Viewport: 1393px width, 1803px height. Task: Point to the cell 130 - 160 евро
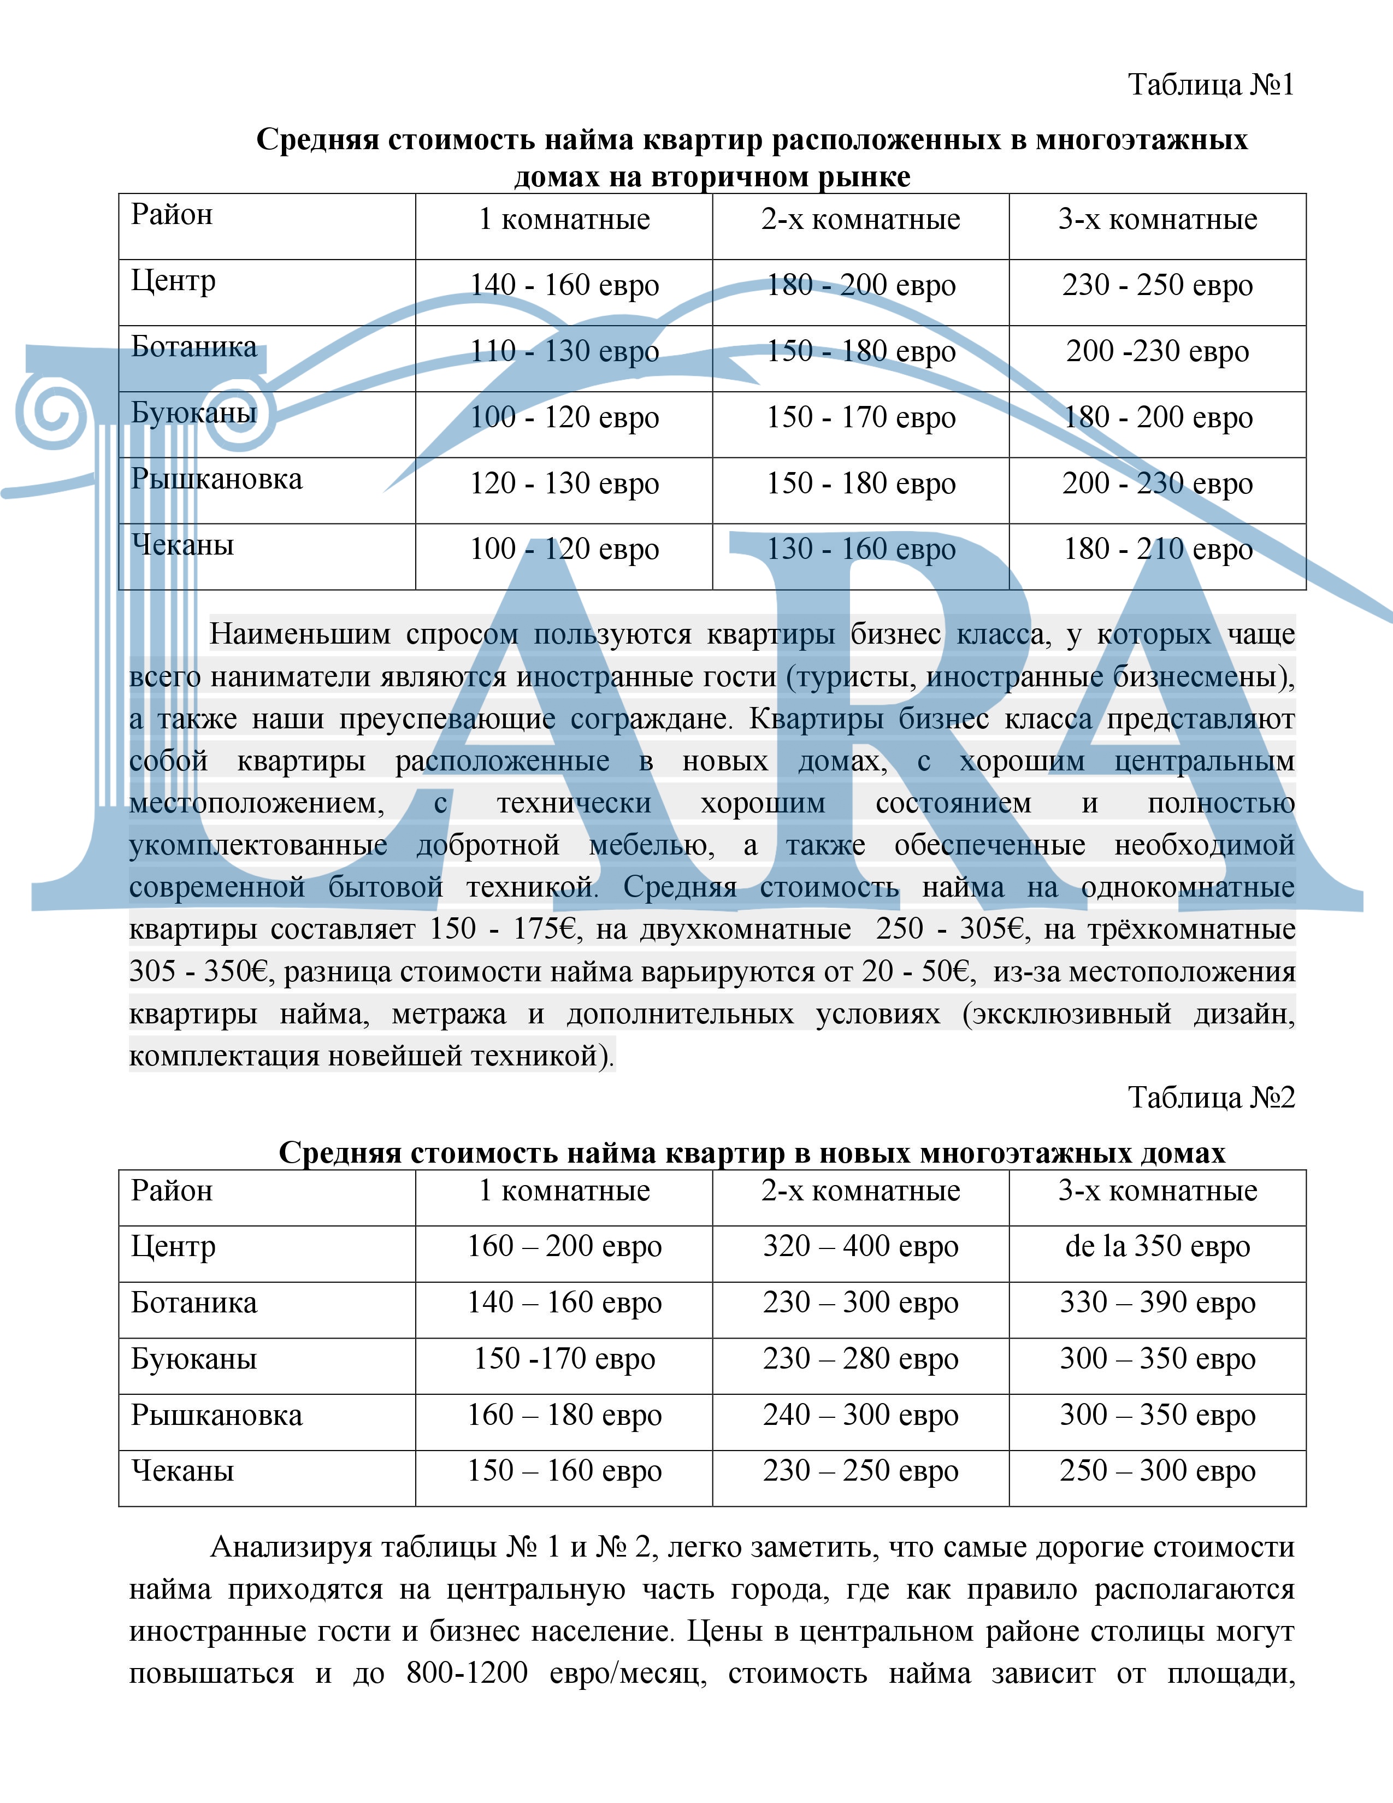[x=861, y=550]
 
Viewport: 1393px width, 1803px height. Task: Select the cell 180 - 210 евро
[x=1157, y=550]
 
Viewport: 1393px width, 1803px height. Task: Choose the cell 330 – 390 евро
[x=1157, y=1302]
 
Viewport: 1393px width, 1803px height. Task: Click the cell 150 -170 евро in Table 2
[x=564, y=1358]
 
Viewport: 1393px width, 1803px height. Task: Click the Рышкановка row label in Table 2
[x=216, y=1415]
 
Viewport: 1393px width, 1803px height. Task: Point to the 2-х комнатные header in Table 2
[x=861, y=1191]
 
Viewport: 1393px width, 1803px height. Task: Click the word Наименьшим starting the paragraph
[x=299, y=634]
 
